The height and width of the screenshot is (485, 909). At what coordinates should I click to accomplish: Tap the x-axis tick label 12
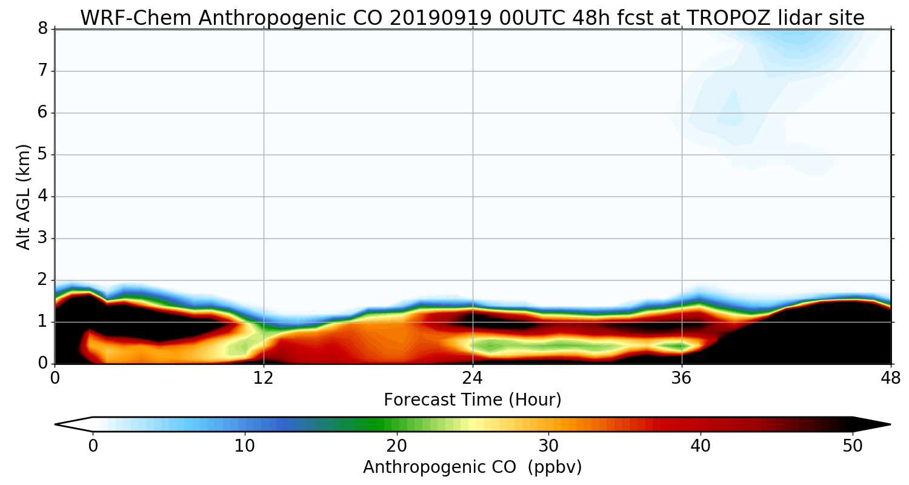pos(264,378)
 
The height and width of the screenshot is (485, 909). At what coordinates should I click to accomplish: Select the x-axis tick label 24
pos(473,378)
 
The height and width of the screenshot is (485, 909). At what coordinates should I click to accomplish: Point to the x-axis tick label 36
pos(682,378)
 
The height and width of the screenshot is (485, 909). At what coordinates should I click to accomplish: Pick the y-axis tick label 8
pos(42,29)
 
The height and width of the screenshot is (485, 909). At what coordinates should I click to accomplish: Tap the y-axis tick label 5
pos(42,155)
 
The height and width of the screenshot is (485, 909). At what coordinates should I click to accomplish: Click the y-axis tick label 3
pos(42,238)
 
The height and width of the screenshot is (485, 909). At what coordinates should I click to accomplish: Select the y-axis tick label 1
pos(42,322)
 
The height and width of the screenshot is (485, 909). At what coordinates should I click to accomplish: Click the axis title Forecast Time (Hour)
pos(473,400)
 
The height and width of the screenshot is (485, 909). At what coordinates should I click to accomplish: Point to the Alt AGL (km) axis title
pos(23,196)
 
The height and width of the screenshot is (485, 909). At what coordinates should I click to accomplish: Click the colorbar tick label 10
pos(245,446)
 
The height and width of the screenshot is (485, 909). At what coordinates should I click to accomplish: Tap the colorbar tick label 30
pos(549,446)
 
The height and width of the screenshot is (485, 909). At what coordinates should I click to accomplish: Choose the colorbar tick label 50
pos(853,446)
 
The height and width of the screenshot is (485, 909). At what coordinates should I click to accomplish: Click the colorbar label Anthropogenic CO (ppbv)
pos(473,467)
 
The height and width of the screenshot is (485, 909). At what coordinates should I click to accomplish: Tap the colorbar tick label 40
pos(701,446)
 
